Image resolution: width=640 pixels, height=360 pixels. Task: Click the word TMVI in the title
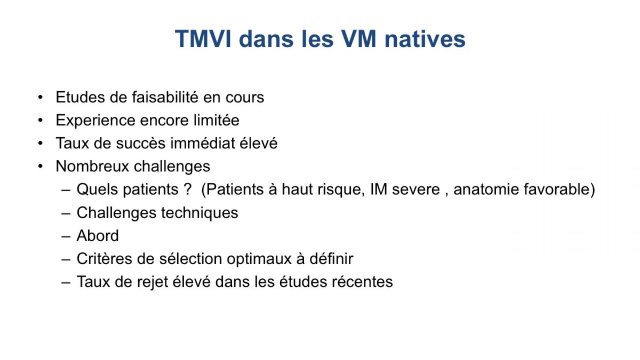pyautogui.click(x=203, y=39)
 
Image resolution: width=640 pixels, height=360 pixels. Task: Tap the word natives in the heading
pyautogui.click(x=425, y=39)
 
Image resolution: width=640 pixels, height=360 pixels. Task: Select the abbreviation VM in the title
pyautogui.click(x=359, y=39)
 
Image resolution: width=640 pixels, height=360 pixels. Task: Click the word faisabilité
pyautogui.click(x=165, y=97)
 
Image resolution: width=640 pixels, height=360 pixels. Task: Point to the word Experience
pyautogui.click(x=95, y=120)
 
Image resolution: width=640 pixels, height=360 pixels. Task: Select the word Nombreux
pyautogui.click(x=92, y=166)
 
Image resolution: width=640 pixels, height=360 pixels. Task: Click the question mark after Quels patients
pyautogui.click(x=187, y=189)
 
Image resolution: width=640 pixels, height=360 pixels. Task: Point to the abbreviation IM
pyautogui.click(x=379, y=189)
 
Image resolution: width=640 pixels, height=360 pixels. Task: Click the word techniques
pyautogui.click(x=199, y=213)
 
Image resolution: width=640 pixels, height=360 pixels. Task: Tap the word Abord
pyautogui.click(x=98, y=236)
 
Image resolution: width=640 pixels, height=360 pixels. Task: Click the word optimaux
pyautogui.click(x=259, y=259)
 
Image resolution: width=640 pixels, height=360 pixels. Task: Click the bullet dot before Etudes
pyautogui.click(x=41, y=97)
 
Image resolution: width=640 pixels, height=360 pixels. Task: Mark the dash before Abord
pyautogui.click(x=66, y=236)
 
